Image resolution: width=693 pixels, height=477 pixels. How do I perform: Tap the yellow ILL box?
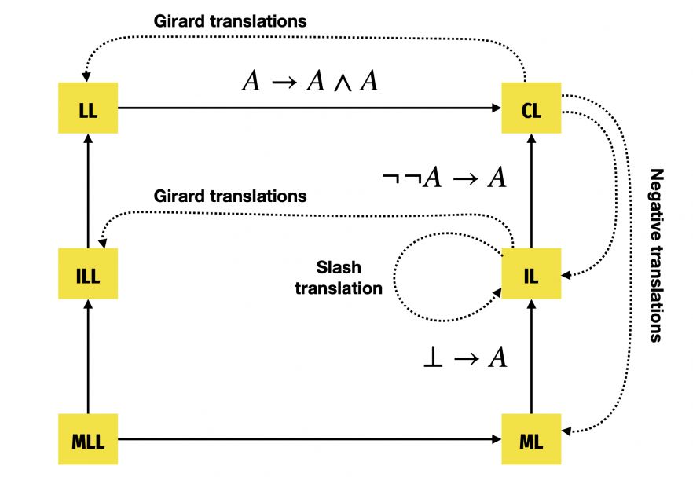tap(88, 274)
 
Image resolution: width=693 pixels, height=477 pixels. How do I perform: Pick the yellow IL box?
tap(531, 274)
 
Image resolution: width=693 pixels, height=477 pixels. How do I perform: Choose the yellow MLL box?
tap(88, 438)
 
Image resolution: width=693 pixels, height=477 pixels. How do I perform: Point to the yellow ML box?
tap(531, 438)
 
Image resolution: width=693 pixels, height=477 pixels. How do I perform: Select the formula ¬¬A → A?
tap(444, 178)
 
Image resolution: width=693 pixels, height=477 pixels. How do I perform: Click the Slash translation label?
tap(339, 277)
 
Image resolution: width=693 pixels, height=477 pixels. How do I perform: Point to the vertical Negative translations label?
tap(658, 255)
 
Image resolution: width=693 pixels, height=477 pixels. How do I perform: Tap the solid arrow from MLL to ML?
tap(310, 439)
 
